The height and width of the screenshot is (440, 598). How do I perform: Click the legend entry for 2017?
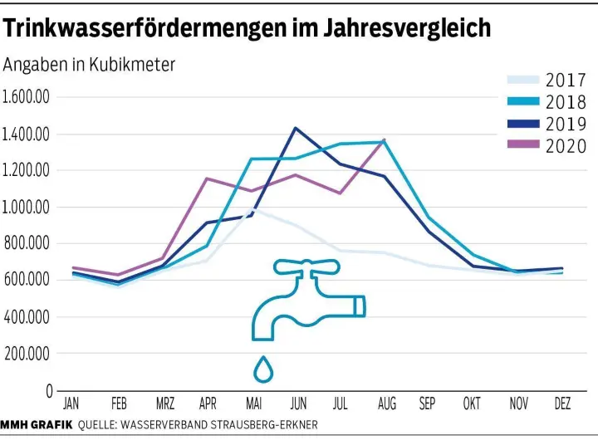coord(566,81)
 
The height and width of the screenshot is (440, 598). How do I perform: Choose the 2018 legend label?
coord(566,102)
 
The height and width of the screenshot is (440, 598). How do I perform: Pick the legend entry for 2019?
coord(566,125)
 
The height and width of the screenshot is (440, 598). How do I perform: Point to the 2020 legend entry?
coord(566,146)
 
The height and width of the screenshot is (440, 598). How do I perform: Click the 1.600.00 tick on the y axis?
coord(27,97)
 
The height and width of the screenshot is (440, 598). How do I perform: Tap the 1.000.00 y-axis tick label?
coord(27,207)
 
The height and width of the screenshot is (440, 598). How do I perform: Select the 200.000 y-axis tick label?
coord(27,354)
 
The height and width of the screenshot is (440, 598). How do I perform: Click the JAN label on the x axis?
coord(71,404)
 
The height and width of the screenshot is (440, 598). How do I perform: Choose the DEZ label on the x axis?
coord(562,404)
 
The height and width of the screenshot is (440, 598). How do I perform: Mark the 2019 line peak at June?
coord(295,128)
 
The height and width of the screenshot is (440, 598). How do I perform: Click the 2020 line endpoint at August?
coord(384,140)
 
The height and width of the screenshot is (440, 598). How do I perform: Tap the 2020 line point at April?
coord(206,178)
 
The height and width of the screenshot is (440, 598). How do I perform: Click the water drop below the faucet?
coord(263,370)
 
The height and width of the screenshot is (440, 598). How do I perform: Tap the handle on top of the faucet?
coord(306,266)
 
